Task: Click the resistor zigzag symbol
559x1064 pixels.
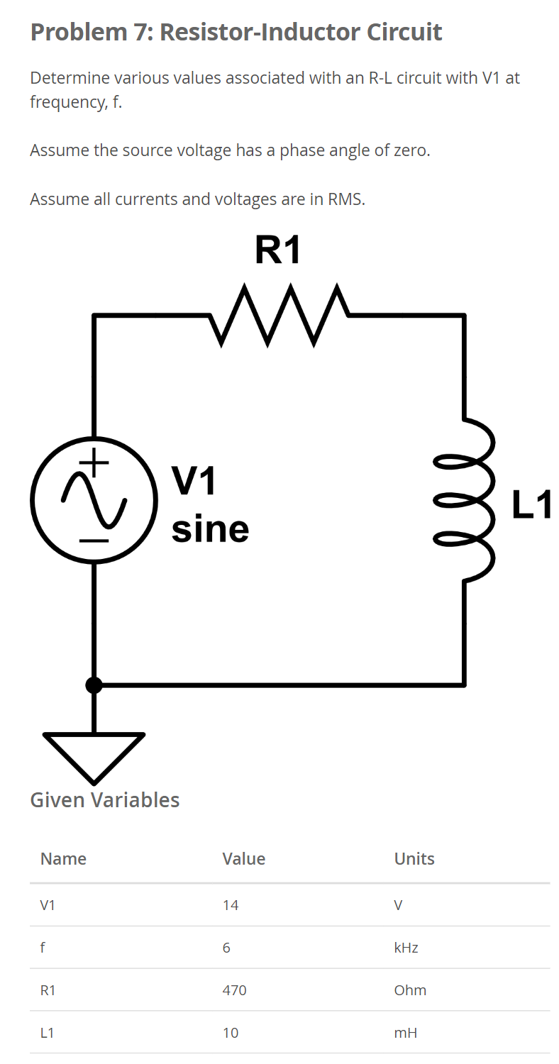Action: tap(279, 315)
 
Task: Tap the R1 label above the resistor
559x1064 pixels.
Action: tap(278, 250)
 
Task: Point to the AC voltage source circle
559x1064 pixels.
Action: tap(93, 500)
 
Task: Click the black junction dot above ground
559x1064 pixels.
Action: tap(94, 685)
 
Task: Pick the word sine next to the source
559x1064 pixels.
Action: tap(210, 529)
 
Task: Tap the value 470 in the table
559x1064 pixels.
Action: tap(234, 990)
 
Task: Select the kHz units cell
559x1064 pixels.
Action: tap(406, 948)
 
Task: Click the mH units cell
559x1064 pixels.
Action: tap(405, 1033)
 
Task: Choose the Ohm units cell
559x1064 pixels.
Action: tap(410, 990)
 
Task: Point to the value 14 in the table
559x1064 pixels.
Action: tap(231, 905)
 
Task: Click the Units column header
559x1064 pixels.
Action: tap(414, 859)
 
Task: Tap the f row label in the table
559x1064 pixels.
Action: tap(44, 948)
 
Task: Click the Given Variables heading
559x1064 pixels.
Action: tap(105, 800)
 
